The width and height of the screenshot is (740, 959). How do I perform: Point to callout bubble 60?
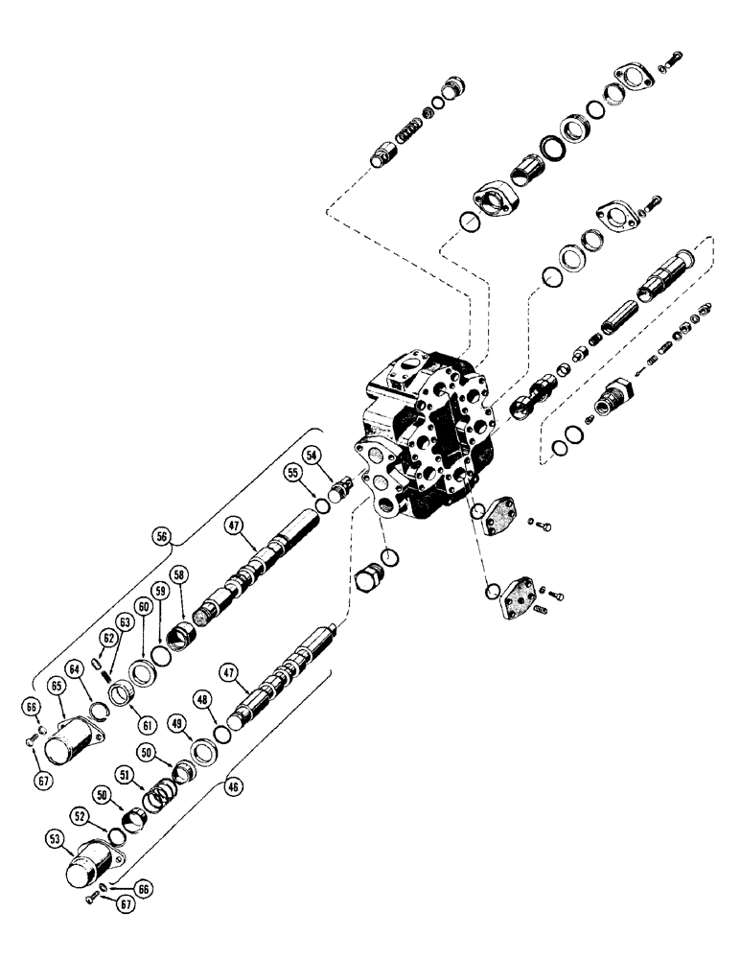coord(144,606)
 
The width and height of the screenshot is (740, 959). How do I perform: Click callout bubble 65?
coord(58,688)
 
